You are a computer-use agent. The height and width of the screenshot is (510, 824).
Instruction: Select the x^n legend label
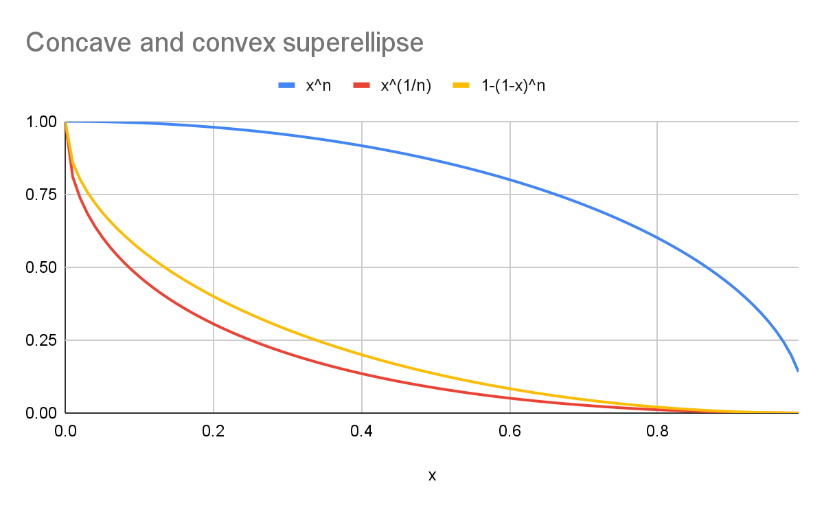(x=319, y=86)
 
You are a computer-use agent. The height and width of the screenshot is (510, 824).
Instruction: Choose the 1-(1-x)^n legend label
(x=512, y=86)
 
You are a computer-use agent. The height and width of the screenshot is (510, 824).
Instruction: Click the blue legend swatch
(x=287, y=86)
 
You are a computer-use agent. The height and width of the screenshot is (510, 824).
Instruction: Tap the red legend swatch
(x=362, y=86)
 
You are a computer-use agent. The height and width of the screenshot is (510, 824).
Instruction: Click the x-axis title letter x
(x=432, y=476)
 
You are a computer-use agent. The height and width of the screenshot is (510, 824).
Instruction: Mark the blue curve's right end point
(x=798, y=371)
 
